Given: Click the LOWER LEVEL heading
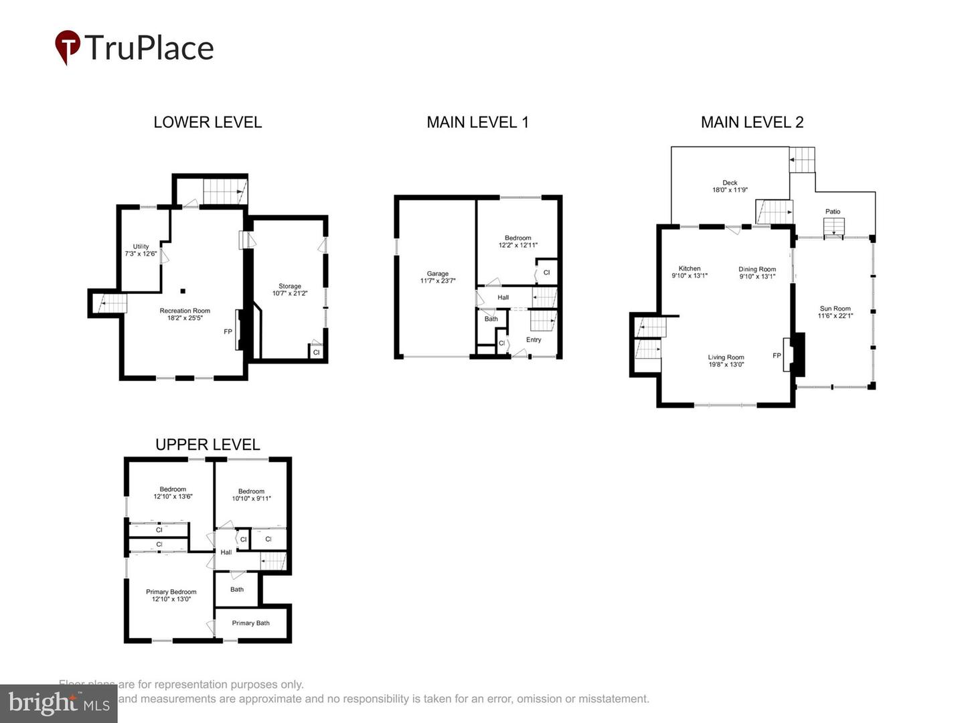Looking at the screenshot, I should (x=208, y=123).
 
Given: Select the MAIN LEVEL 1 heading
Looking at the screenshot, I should (x=477, y=123).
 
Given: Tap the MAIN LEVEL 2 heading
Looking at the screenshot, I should (x=752, y=123).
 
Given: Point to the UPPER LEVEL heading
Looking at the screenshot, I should (x=208, y=445).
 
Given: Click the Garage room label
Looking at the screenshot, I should (x=438, y=274).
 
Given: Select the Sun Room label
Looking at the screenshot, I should (x=835, y=309).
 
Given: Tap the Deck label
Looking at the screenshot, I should (x=730, y=183).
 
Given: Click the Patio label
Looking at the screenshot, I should (x=833, y=212).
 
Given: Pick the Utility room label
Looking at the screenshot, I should (x=141, y=247).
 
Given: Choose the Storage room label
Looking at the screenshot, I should (x=290, y=287).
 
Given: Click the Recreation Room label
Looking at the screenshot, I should (x=185, y=311).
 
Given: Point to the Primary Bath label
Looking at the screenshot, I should (x=251, y=623).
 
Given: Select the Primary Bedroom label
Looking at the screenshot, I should (x=171, y=592).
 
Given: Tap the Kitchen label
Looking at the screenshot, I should (x=690, y=268).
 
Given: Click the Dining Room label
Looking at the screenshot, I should (x=757, y=269).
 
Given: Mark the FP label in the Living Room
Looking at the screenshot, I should (x=777, y=355).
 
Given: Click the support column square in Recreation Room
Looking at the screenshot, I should (x=183, y=291).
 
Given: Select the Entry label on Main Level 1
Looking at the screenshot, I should (x=534, y=340).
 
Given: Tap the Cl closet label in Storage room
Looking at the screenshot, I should (x=317, y=352).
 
